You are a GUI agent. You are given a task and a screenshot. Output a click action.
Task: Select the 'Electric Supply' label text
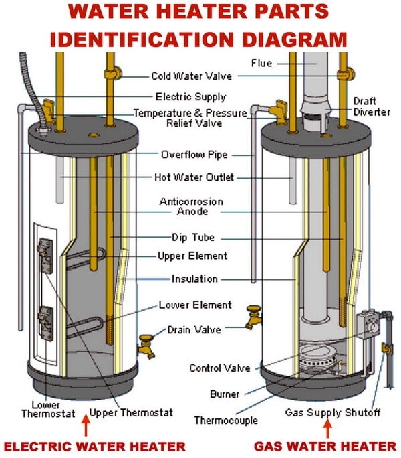(x=190, y=96)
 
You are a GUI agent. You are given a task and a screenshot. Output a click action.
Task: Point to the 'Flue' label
(x=261, y=64)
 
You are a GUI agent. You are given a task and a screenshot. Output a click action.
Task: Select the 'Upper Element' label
(x=192, y=256)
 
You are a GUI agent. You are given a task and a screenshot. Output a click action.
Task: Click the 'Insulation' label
(x=193, y=279)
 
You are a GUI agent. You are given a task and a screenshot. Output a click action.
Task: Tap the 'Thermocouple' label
(x=224, y=421)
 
